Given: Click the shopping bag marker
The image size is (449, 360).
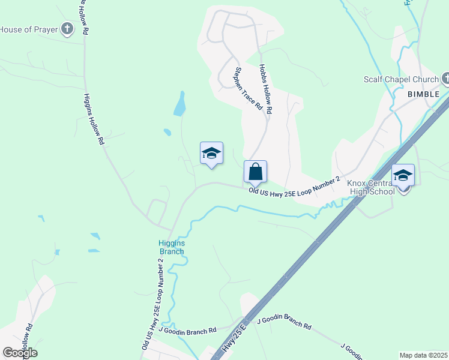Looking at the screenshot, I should [255, 172].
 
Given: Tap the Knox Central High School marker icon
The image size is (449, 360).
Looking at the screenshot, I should [402, 175].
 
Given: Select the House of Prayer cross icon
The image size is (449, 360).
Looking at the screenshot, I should [67, 29].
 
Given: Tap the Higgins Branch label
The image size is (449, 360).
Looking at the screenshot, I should [171, 247].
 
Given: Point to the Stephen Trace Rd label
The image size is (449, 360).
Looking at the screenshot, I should [248, 88].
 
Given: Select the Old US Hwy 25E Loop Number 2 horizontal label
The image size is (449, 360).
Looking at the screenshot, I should [295, 185].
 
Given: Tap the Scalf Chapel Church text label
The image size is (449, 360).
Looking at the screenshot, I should [402, 79].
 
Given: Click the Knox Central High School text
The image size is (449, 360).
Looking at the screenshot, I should [370, 187].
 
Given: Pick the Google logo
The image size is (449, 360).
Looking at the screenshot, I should [20, 352].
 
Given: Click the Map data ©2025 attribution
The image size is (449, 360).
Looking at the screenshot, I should [423, 355].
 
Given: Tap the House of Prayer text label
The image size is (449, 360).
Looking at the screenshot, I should [29, 29].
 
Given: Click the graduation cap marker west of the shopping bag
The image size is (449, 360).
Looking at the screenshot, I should [211, 152].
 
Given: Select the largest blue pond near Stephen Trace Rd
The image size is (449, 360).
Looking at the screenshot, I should [179, 104].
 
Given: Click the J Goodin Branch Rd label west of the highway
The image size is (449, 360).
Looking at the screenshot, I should [187, 331].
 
